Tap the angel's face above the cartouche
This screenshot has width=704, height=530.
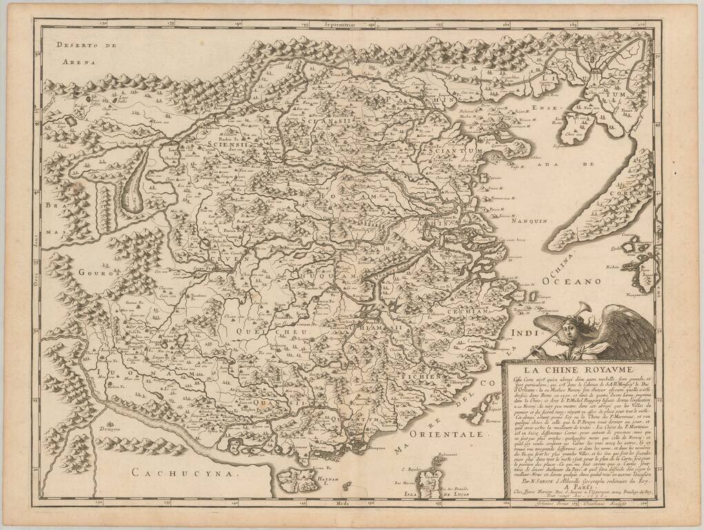pyautogui.click(x=569, y=330)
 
